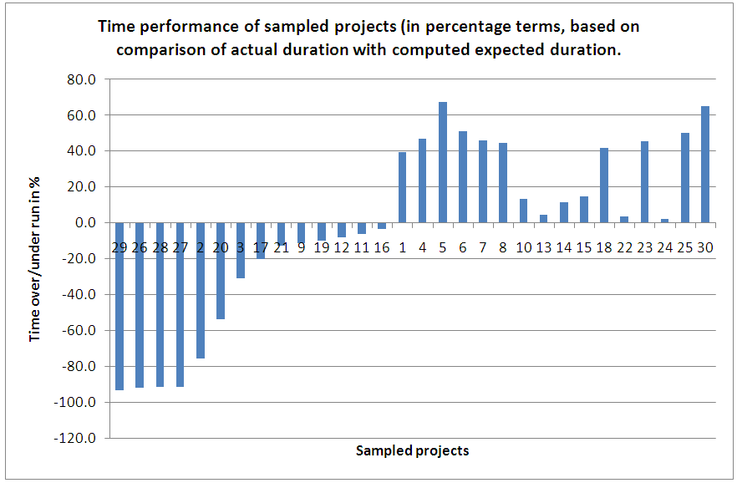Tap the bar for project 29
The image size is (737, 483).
coord(119,306)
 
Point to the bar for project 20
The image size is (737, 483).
coord(221,271)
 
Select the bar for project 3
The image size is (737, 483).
coord(241,250)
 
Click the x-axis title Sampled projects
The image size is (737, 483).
coord(413,451)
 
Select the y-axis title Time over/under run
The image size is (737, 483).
coord(36,259)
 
